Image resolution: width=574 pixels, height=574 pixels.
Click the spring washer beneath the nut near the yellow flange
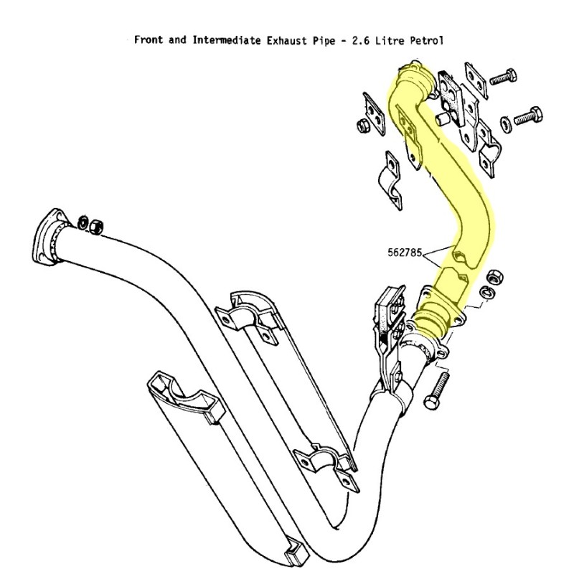[x=485, y=291]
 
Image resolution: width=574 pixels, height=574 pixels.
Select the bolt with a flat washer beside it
[x=528, y=116]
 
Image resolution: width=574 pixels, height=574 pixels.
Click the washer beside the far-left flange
[x=83, y=221]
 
